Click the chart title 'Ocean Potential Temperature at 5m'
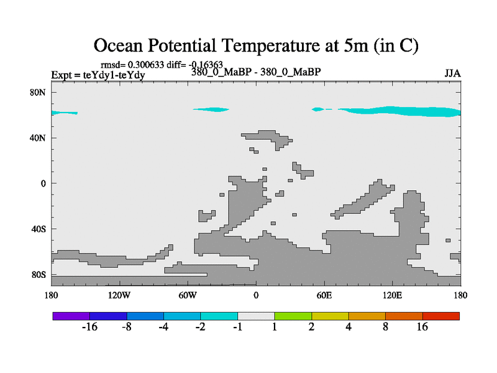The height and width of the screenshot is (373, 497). [x=256, y=45]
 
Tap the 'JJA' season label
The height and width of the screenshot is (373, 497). [x=452, y=73]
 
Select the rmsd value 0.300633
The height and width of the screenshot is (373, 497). [x=146, y=64]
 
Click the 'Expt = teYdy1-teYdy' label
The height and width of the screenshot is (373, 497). [x=98, y=75]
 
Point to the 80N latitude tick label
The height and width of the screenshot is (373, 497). [x=39, y=92]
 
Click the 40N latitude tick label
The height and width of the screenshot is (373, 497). [x=39, y=137]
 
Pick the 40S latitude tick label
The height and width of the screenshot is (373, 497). [x=39, y=229]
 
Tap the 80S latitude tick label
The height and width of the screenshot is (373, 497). [x=39, y=274]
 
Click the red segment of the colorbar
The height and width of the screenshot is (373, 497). [x=441, y=316]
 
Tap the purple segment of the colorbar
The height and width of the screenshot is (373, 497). [x=71, y=316]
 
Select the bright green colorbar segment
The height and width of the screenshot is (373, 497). [x=293, y=316]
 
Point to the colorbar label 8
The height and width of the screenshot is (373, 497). [x=386, y=328]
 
